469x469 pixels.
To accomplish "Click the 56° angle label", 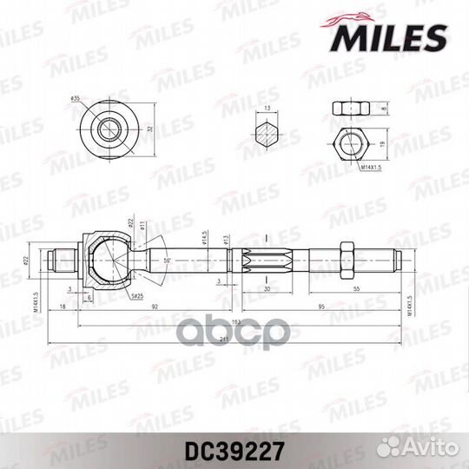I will (167, 261).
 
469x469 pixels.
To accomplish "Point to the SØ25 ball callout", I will (136, 296).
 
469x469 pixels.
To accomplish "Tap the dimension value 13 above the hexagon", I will (268, 109).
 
